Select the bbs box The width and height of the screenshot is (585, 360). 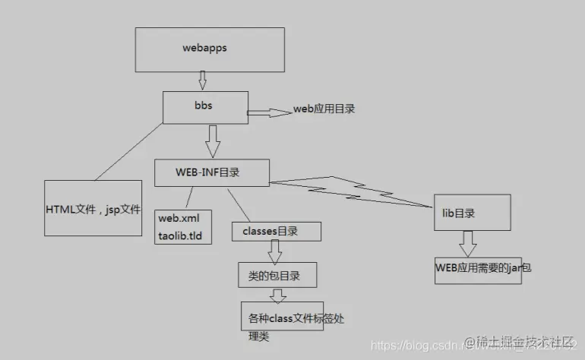pos(204,107)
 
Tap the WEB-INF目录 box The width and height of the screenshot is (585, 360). pos(210,172)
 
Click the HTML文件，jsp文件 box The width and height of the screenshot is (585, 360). pos(93,208)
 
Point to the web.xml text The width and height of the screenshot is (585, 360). pos(179,219)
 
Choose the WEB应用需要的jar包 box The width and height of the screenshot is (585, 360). pos(477,268)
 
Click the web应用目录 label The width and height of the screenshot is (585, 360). pos(324,109)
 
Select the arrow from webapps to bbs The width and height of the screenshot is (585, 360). pos(203,80)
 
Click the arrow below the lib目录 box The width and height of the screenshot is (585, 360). pos(468,243)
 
